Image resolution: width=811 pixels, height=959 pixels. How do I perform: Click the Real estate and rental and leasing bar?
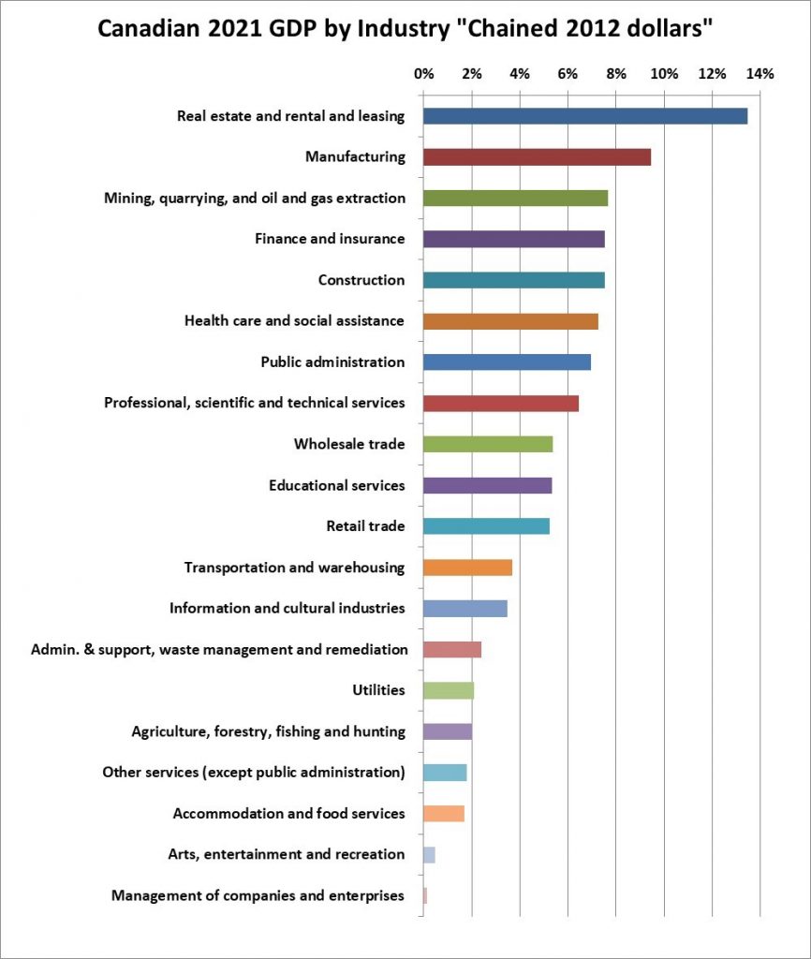click(584, 116)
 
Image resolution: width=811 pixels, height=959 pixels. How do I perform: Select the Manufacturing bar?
click(537, 157)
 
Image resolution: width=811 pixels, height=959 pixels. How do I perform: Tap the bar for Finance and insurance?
click(513, 239)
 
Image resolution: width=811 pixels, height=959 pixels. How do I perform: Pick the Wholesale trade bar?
click(487, 444)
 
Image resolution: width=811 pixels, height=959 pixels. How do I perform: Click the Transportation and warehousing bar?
click(467, 568)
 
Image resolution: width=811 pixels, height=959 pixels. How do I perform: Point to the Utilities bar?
click(448, 690)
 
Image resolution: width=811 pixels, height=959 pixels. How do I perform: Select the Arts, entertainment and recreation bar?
click(429, 854)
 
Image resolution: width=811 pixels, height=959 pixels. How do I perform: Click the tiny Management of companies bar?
click(425, 895)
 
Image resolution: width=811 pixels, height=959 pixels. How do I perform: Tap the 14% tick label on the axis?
click(759, 73)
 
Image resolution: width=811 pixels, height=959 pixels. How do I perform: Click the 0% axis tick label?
click(423, 73)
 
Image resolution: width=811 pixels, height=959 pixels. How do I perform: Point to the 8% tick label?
click(615, 73)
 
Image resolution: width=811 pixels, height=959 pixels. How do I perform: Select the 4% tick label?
click(520, 73)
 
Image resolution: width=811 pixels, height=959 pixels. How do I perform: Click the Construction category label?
click(361, 280)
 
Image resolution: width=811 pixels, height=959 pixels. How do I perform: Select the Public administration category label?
click(332, 362)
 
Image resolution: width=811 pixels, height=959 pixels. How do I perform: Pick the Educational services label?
click(336, 485)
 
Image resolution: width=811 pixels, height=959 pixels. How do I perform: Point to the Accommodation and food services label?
click(288, 813)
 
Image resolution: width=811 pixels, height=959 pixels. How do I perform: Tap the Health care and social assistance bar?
click(510, 321)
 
